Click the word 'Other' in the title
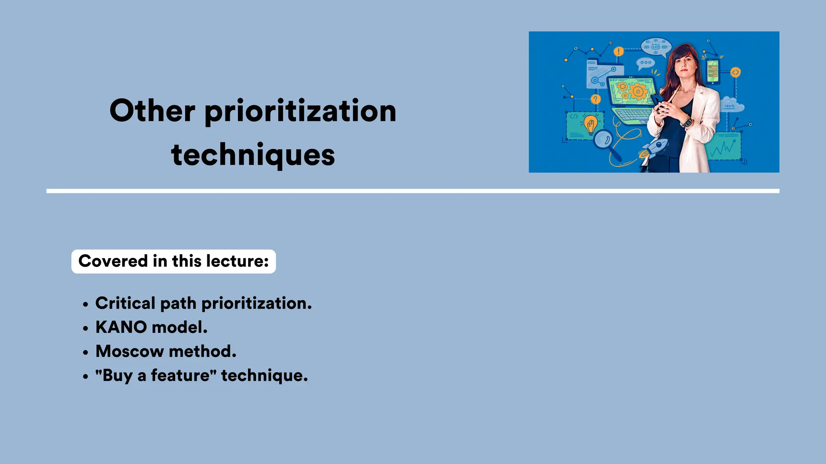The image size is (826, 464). pos(152,111)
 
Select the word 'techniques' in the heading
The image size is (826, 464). pos(253,155)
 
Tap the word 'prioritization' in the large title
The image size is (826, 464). pos(300,112)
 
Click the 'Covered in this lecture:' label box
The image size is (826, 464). pos(173,261)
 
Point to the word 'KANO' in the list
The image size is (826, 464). pos(121,327)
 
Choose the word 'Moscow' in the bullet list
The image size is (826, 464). pos(129,351)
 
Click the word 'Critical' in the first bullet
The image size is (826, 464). pos(125,303)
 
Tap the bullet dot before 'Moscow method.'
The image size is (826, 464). pos(85,352)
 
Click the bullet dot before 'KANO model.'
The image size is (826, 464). pos(85,328)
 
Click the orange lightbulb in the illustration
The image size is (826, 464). pos(590,124)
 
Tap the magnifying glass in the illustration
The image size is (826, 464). pos(604,141)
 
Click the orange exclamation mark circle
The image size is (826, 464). pos(618,52)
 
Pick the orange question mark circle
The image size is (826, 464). pos(595,99)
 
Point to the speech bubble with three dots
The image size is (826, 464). pos(645,63)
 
